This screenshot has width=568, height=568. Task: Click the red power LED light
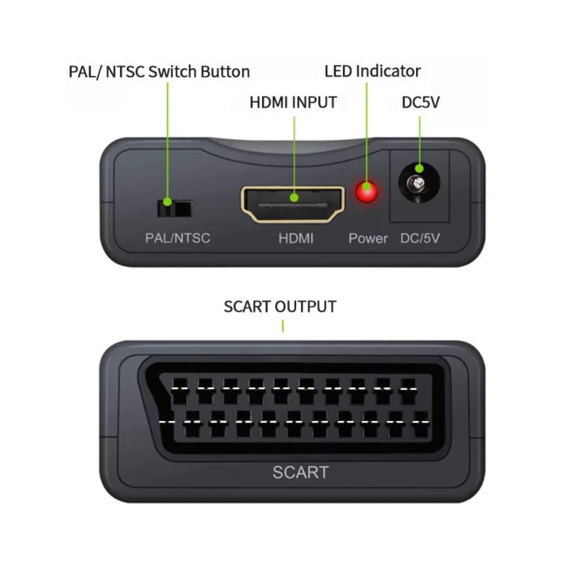tap(366, 192)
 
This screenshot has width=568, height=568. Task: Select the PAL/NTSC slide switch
tap(174, 208)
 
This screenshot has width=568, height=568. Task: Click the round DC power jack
tap(419, 187)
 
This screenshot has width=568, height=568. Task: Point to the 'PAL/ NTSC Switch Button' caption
tap(159, 72)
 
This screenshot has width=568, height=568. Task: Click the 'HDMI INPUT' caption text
tap(293, 102)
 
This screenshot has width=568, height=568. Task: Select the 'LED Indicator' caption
tap(373, 71)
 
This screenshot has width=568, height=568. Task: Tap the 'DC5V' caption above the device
tap(421, 102)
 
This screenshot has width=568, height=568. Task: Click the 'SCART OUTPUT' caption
tap(280, 307)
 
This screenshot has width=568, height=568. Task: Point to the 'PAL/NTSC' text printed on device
tap(177, 239)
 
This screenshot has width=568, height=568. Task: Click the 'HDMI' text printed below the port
tap(295, 239)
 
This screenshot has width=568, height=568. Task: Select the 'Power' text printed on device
tap(368, 239)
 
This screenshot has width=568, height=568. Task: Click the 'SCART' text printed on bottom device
tap(300, 472)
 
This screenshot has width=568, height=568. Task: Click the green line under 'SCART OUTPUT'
tap(283, 326)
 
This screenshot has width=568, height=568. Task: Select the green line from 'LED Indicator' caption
tap(367, 128)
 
